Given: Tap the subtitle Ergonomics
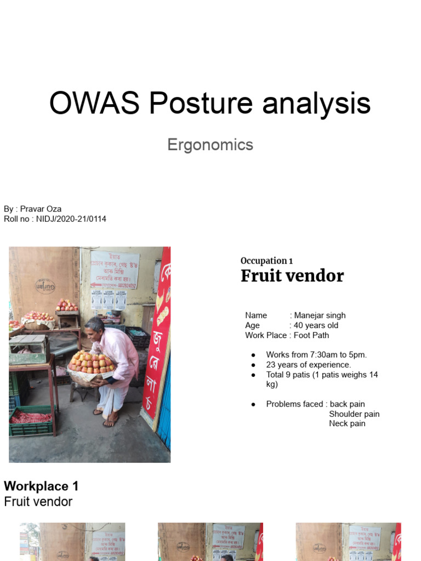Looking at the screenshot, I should click(x=210, y=145).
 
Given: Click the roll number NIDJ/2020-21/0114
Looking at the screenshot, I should click(x=71, y=219).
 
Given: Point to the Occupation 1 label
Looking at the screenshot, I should click(x=263, y=261).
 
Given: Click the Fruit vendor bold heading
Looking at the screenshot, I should click(x=292, y=276).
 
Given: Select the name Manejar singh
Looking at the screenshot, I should click(x=320, y=316).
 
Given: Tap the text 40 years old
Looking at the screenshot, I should click(x=316, y=325).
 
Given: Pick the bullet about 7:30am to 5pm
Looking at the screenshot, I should click(x=316, y=355).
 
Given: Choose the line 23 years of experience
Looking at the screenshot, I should click(x=309, y=365).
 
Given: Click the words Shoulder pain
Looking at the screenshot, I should click(x=354, y=414).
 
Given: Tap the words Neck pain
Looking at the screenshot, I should click(x=347, y=423).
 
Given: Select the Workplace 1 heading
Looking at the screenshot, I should click(x=42, y=486).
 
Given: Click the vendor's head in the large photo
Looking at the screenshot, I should click(x=95, y=325).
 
